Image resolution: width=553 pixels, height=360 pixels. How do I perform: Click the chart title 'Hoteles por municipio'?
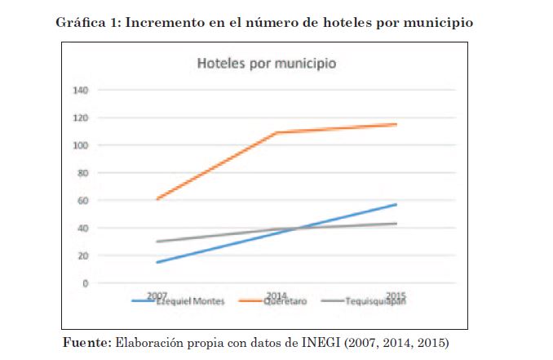tap(264, 63)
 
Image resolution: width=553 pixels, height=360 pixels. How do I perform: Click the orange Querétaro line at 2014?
tap(277, 132)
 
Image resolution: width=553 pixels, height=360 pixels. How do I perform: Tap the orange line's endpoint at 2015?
tap(396, 124)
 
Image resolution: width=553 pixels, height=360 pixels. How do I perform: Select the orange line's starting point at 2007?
tap(157, 198)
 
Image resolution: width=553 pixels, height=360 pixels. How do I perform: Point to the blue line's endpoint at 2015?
tap(396, 204)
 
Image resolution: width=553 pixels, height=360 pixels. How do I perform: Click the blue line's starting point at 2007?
tap(157, 262)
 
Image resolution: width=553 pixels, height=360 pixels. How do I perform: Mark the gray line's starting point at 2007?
tap(157, 242)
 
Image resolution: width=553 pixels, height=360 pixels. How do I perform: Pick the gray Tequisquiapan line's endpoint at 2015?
tap(396, 224)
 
